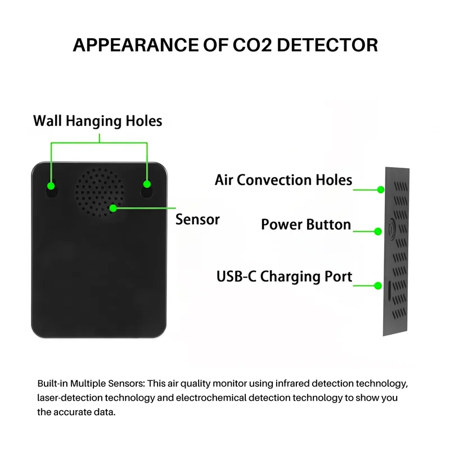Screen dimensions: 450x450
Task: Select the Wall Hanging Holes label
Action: [97, 121]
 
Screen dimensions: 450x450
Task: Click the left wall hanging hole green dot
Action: [51, 185]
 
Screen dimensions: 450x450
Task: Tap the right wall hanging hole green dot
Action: [147, 184]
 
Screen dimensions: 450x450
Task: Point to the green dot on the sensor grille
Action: [113, 208]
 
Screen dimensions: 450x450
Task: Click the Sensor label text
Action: [197, 219]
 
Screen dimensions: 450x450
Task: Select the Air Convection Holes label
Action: [283, 180]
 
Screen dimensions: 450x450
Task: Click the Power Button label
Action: [305, 225]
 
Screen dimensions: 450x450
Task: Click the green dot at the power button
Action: [378, 231]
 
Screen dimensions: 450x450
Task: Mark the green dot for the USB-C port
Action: [378, 285]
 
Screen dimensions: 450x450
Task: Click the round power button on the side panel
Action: [391, 230]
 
